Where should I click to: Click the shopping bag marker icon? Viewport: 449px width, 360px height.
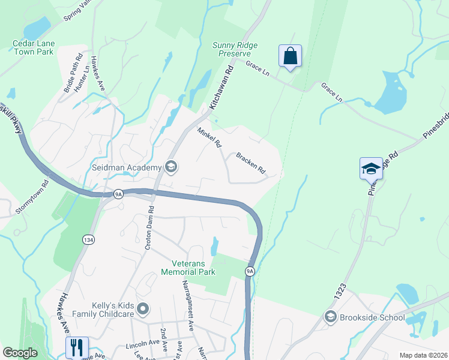[290, 56]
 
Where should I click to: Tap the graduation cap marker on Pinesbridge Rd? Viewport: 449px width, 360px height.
[370, 168]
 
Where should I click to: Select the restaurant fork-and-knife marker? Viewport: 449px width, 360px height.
[77, 347]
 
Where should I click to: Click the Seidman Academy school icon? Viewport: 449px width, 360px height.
[171, 167]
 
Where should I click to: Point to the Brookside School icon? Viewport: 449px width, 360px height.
[330, 316]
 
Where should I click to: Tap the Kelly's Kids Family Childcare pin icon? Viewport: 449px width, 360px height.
[143, 309]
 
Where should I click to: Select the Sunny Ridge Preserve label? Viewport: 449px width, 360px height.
[235, 49]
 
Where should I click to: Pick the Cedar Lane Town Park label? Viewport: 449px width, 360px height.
[34, 47]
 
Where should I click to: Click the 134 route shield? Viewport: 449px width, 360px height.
[88, 239]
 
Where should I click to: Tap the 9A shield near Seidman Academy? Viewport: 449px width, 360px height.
[119, 193]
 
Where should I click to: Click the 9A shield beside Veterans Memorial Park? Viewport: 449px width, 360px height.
[250, 272]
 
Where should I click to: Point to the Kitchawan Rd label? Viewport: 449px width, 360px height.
[221, 88]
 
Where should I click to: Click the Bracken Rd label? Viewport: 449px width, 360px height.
[250, 163]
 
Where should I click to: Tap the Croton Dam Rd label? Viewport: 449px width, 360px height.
[149, 228]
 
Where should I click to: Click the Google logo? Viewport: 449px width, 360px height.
[20, 353]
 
